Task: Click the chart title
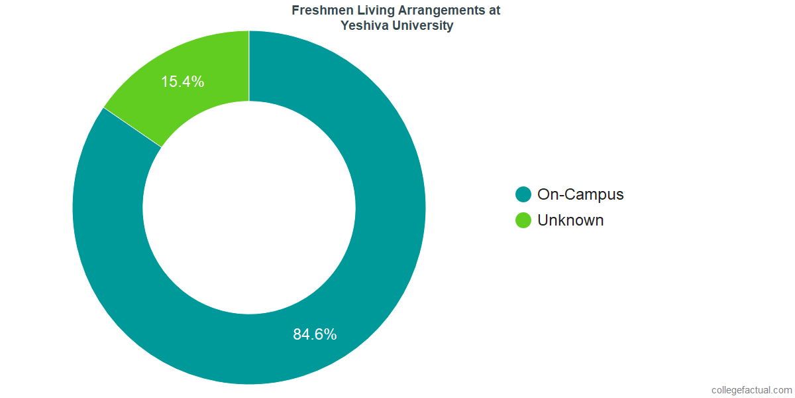396,19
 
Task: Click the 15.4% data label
182,82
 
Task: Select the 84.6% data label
315,334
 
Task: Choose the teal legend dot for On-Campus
523,194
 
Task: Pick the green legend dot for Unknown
523,220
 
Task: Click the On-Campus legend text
580,194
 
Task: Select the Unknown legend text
570,220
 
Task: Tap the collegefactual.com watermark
751,390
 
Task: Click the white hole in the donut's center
249,208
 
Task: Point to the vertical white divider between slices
249,66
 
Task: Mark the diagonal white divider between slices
132,127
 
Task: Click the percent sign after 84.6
330,334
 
